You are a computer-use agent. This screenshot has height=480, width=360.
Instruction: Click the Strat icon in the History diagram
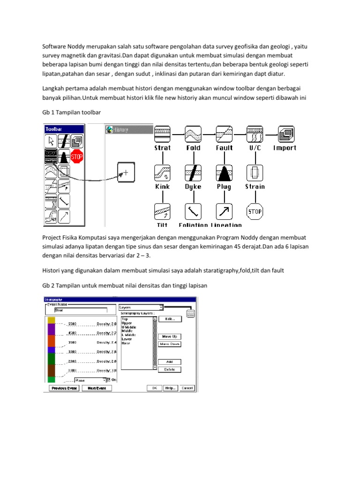click(162, 134)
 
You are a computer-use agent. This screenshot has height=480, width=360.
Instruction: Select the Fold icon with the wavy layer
click(193, 134)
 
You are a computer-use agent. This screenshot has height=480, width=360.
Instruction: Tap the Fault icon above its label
click(224, 134)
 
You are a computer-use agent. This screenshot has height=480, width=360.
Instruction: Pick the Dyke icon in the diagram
click(193, 172)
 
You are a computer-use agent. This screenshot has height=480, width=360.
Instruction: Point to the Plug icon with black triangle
click(224, 172)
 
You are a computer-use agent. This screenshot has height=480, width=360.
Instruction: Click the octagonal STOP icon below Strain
click(255, 211)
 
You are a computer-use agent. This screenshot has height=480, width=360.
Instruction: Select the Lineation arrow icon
click(224, 211)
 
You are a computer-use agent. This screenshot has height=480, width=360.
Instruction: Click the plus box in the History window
click(126, 172)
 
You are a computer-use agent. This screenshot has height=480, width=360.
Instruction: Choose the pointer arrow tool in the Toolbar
click(51, 141)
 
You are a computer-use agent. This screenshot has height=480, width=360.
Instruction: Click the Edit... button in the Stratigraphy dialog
click(169, 319)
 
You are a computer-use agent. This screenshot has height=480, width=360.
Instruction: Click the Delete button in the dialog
click(169, 369)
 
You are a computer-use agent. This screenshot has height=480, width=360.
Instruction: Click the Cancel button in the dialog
click(187, 388)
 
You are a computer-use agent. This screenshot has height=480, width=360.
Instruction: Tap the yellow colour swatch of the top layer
click(51, 320)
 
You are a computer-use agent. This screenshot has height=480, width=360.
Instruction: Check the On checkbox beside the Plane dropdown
click(109, 380)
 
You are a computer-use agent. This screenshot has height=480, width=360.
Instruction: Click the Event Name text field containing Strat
click(80, 310)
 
